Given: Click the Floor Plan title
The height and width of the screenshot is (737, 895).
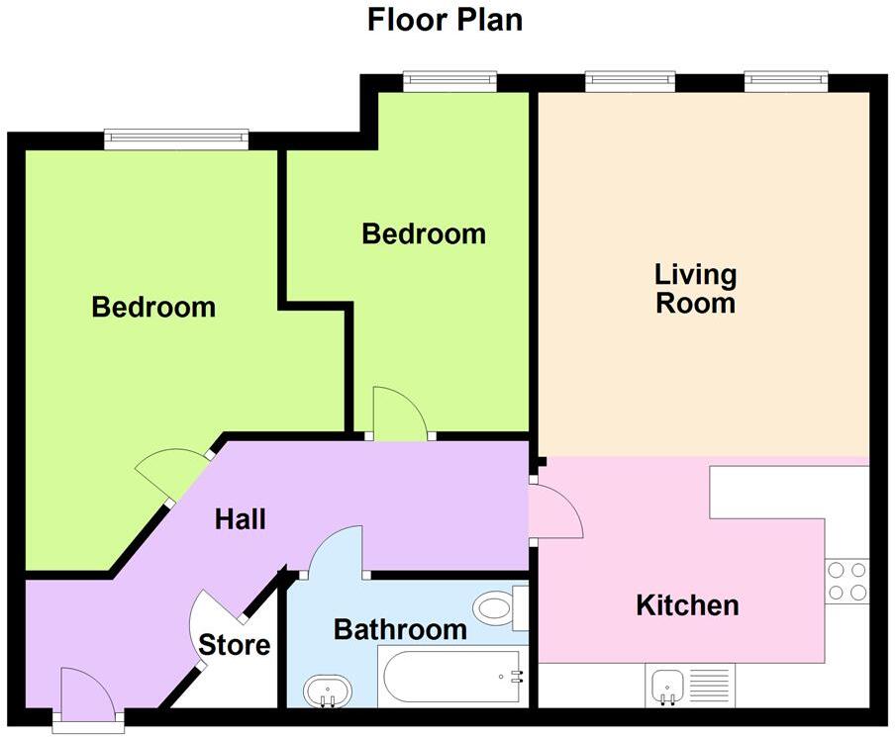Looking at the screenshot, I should (445, 19).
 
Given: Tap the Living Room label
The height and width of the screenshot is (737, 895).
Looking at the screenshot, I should (695, 288).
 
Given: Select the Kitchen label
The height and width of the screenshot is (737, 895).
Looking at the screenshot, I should (687, 604).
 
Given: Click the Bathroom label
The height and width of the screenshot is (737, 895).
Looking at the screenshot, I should (399, 628).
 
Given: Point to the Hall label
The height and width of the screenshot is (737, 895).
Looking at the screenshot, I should (241, 518).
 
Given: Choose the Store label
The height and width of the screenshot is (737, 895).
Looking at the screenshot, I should (235, 646).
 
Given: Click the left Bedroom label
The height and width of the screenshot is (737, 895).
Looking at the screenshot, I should (153, 307).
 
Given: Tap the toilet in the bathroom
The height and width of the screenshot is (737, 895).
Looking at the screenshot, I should (498, 607).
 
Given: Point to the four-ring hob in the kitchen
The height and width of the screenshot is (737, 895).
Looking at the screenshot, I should (846, 581).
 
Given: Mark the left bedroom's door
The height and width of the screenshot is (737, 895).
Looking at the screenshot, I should (175, 473).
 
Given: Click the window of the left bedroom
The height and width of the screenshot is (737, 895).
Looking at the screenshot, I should (176, 139).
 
